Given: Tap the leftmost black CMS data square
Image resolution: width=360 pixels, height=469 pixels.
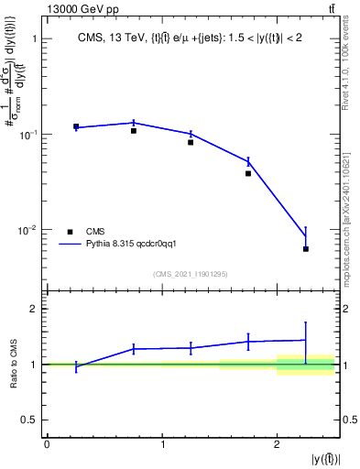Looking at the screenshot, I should (x=76, y=126).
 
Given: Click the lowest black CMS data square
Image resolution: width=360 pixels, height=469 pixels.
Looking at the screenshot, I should (x=306, y=249).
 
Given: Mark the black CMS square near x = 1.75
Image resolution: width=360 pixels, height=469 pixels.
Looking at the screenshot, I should (x=248, y=173).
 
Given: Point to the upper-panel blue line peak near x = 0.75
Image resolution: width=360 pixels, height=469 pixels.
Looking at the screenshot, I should (x=134, y=122).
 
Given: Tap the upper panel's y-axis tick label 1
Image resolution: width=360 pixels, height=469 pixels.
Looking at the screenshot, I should (x=35, y=39).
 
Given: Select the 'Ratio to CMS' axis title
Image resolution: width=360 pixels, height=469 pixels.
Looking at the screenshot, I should (x=14, y=365).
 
